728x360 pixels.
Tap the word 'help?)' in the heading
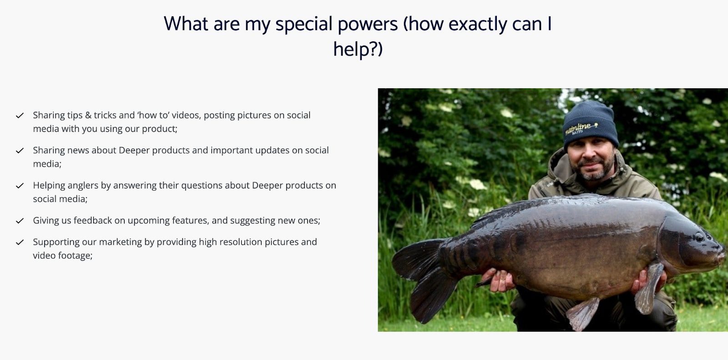click(358, 49)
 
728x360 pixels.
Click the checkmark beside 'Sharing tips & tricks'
click(20, 116)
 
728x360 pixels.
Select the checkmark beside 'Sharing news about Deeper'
click(20, 151)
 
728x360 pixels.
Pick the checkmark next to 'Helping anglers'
click(20, 186)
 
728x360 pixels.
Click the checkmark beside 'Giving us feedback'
click(20, 221)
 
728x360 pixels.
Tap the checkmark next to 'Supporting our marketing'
click(20, 242)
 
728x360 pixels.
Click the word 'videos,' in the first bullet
click(186, 115)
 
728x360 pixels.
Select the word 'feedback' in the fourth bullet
click(93, 220)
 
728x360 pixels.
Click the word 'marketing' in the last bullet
click(120, 242)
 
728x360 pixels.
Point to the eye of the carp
click(699, 237)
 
